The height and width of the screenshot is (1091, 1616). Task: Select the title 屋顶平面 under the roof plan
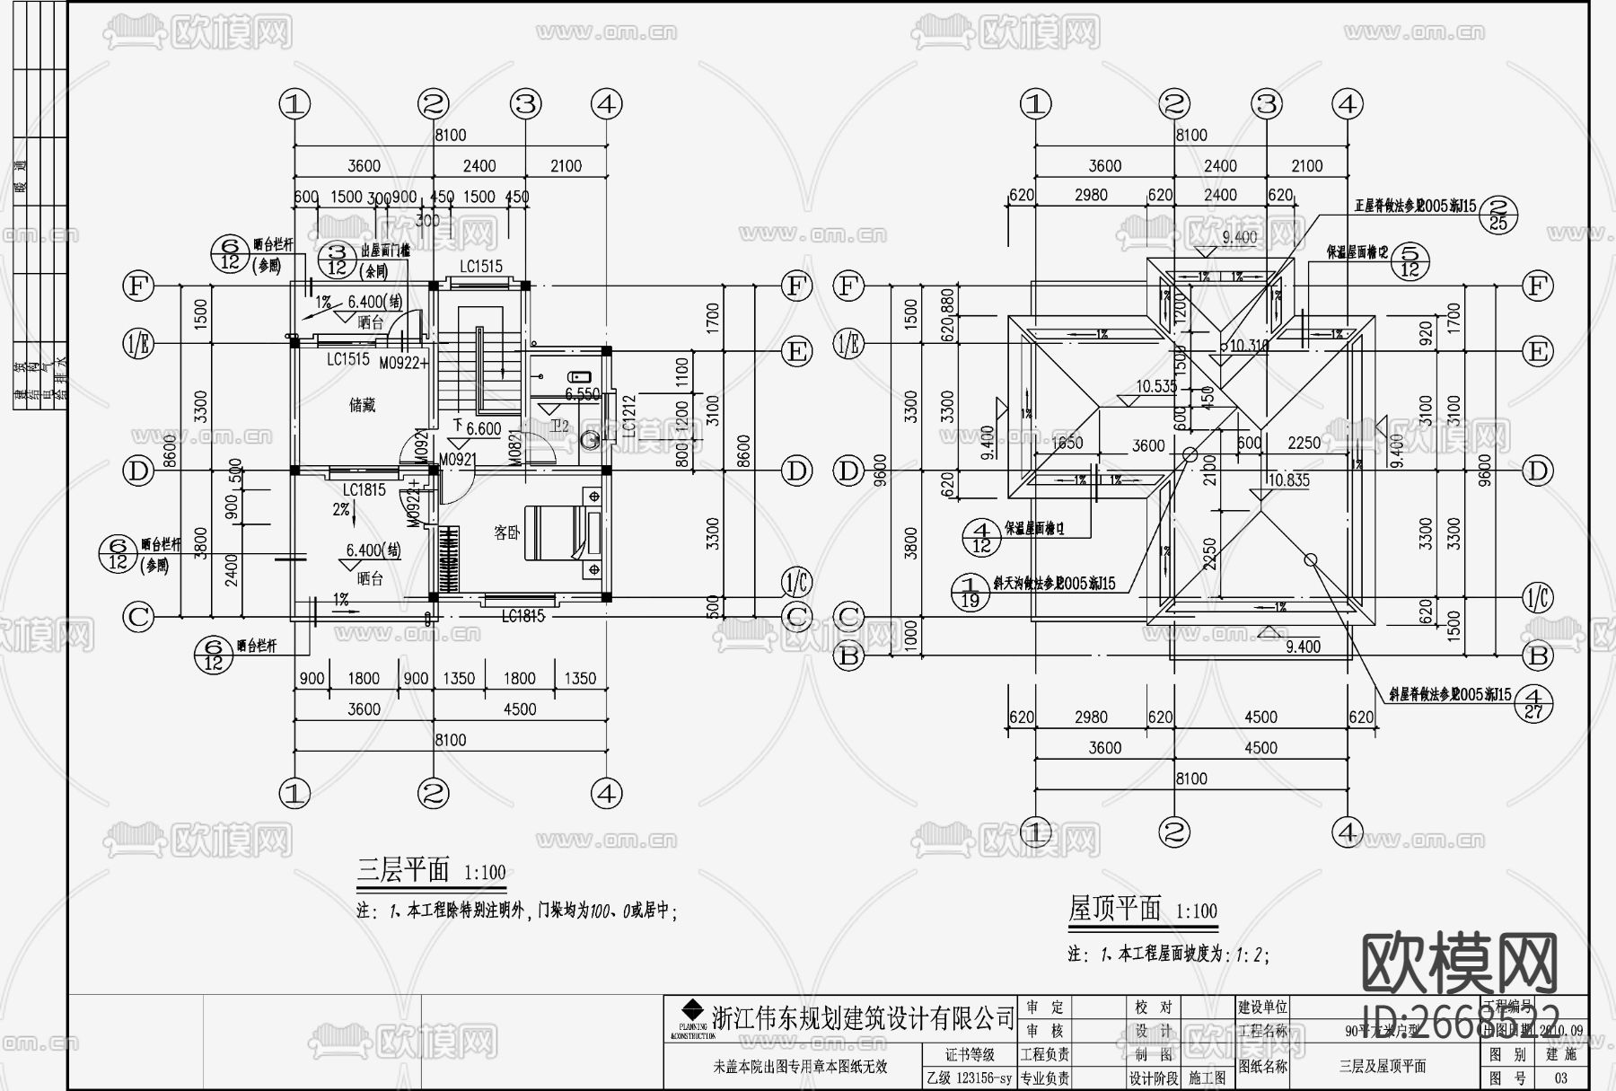(1115, 909)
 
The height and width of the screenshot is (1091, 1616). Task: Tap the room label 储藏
(362, 406)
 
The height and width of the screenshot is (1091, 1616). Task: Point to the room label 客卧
(506, 532)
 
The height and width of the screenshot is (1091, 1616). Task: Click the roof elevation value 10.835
(1288, 480)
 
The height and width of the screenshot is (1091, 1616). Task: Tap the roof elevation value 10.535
(1155, 387)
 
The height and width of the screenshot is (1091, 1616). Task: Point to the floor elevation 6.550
(582, 394)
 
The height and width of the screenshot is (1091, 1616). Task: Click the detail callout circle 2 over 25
(1497, 213)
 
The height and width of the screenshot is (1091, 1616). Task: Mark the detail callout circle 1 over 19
(970, 592)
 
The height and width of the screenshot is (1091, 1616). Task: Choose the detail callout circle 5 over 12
(1410, 260)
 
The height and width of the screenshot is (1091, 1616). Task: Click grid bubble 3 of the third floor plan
(525, 104)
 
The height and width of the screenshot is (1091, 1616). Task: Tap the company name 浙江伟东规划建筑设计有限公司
(862, 1018)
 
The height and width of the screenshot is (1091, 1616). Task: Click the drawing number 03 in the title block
(1560, 1078)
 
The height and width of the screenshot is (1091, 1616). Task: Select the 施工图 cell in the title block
(1207, 1078)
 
